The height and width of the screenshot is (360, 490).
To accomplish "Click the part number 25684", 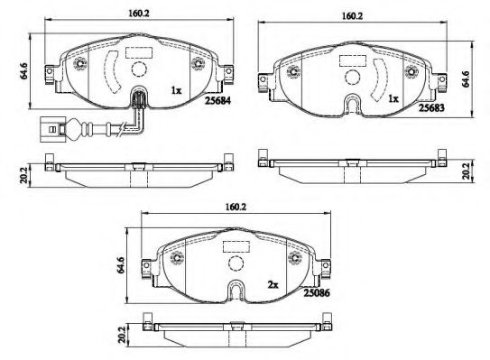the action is (217, 101).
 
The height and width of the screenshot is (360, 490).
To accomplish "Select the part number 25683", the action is (431, 107).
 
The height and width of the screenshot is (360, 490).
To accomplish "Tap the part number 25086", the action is (317, 293).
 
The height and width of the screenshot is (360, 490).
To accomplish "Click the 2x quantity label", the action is (273, 285).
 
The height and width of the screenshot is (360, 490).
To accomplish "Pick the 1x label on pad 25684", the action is (176, 90).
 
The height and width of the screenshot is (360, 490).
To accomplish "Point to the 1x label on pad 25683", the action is (393, 98).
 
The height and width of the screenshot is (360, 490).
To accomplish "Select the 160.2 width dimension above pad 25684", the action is (139, 14).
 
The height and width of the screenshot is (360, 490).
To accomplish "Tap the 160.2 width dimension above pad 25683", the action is (352, 16).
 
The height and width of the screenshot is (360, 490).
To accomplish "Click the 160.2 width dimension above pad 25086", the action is (236, 207).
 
